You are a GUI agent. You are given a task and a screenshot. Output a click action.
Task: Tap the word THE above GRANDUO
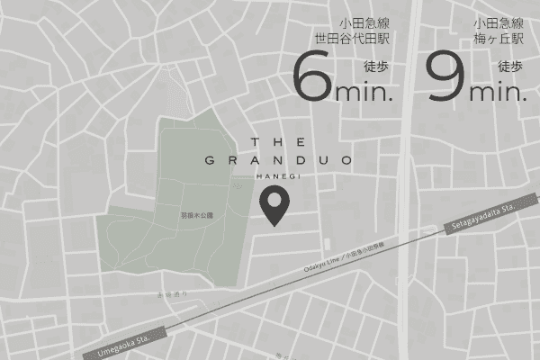click(x=279, y=142)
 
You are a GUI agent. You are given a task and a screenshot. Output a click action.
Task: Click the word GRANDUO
click(x=278, y=161)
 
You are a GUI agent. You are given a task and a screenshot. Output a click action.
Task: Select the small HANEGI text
click(x=278, y=176)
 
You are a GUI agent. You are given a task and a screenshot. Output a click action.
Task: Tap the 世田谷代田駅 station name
click(x=351, y=40)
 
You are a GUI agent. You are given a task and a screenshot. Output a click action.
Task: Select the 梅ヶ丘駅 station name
click(x=499, y=40)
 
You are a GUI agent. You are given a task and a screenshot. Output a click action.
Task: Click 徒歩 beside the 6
click(x=376, y=66)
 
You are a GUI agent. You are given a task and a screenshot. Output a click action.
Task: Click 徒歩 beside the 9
click(x=509, y=66)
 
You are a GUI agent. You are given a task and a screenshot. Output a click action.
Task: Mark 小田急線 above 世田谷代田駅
click(x=364, y=23)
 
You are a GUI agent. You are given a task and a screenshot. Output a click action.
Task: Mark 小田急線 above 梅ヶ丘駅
click(x=499, y=23)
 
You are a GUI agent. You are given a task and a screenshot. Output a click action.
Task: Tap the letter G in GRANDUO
click(x=209, y=161)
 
